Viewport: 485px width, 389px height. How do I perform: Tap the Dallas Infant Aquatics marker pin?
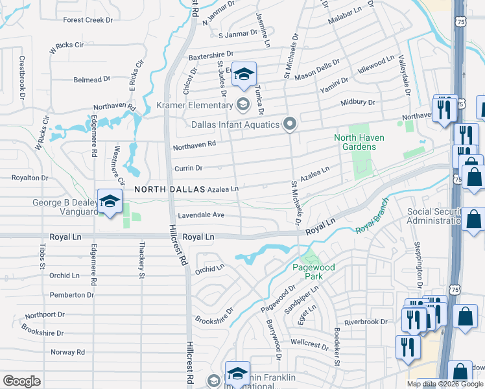[290, 123]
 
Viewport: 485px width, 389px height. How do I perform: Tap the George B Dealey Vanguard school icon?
[110, 201]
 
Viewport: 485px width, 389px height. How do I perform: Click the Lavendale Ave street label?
[200, 215]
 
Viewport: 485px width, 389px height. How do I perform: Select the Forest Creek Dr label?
[88, 20]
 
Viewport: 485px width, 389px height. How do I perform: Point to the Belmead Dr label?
[92, 80]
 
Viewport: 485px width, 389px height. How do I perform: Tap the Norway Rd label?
[68, 352]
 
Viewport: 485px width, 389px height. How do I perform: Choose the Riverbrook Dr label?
[366, 322]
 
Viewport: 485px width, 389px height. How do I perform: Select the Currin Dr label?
[189, 168]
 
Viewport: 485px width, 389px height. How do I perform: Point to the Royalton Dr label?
[30, 177]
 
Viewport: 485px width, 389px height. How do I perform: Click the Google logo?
[21, 381]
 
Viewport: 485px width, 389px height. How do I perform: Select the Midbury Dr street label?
[358, 102]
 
